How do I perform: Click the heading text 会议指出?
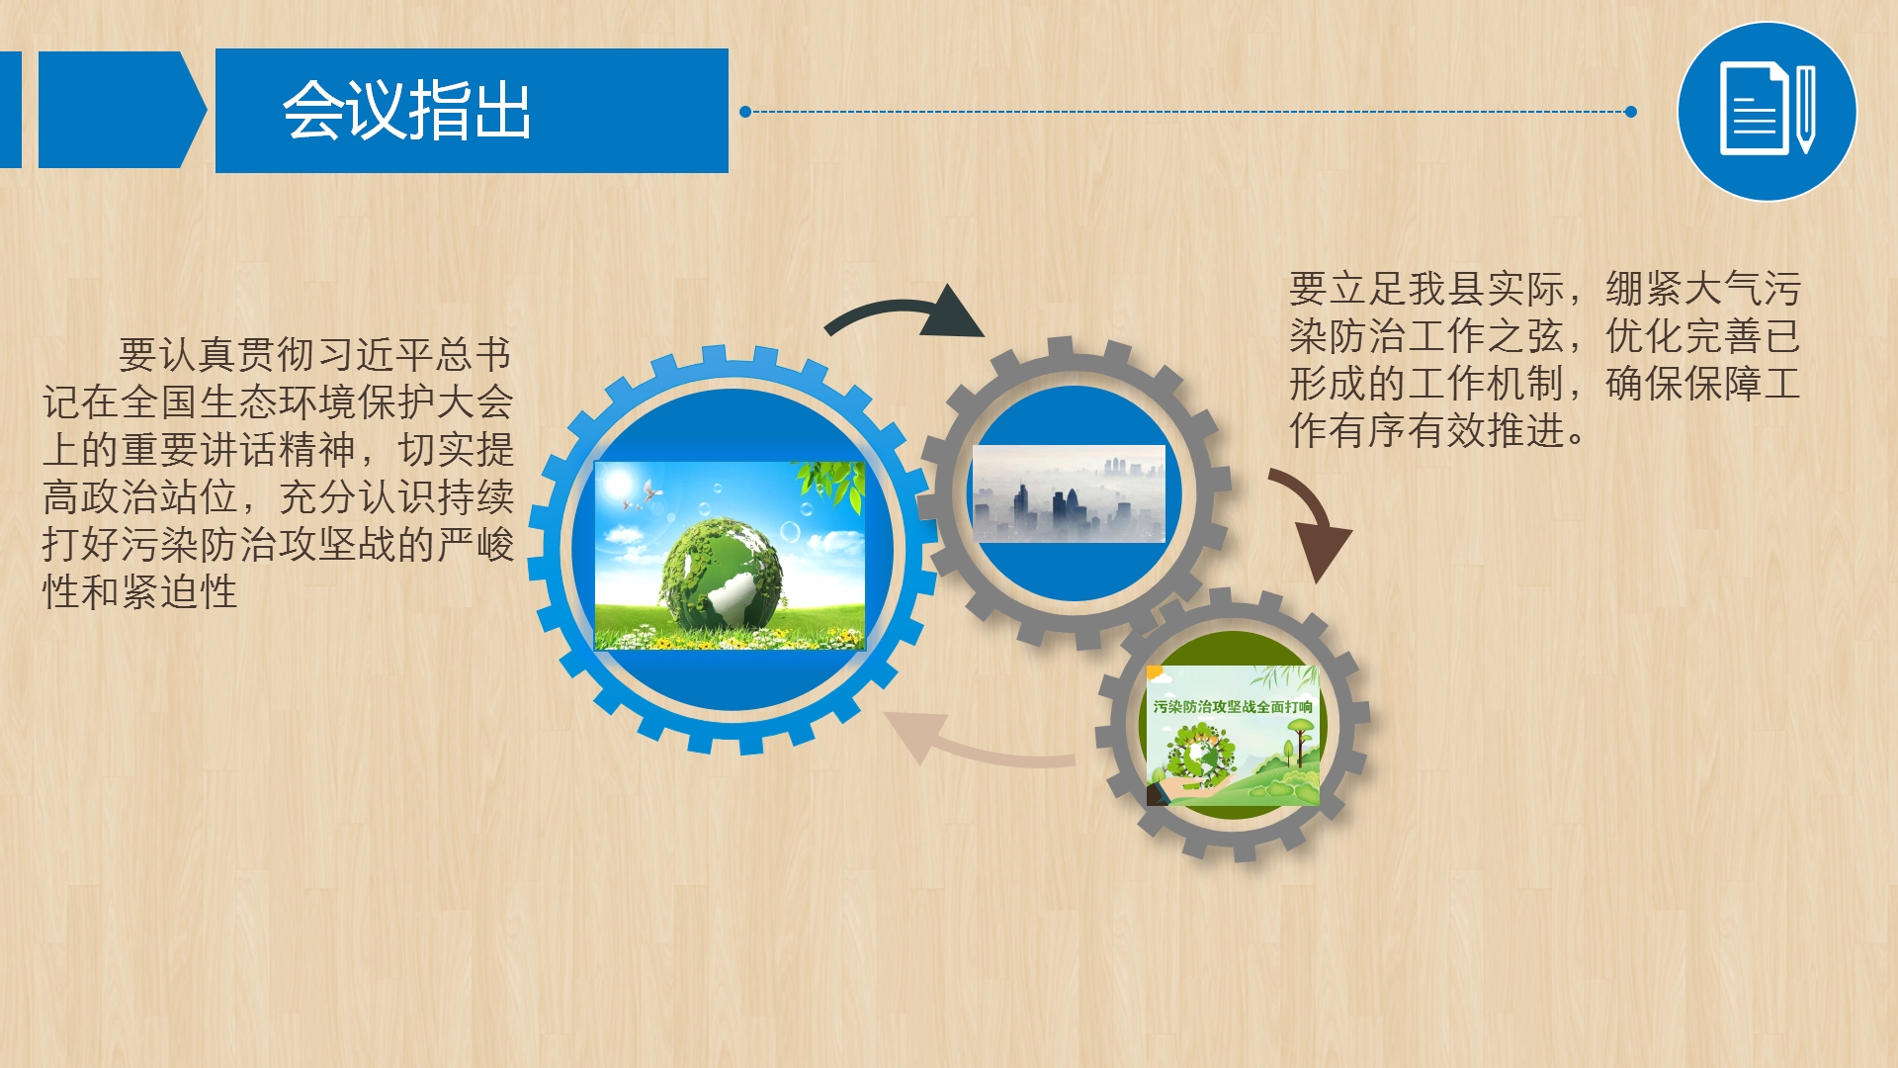tap(406, 110)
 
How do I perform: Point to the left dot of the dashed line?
tap(745, 112)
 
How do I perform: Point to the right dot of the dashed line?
tap(1631, 112)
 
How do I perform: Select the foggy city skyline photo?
tap(1069, 493)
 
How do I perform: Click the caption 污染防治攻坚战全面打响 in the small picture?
tap(1233, 706)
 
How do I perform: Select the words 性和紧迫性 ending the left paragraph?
tap(139, 591)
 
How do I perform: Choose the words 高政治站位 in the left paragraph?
tap(140, 496)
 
